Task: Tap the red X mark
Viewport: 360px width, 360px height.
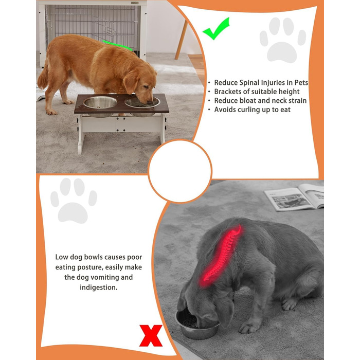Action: (x=151, y=335)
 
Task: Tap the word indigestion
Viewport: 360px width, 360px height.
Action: (x=99, y=287)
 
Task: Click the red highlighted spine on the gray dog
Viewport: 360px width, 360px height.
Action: (x=221, y=256)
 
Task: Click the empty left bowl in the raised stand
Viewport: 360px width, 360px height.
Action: (x=100, y=102)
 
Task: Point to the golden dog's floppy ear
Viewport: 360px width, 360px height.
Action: (x=131, y=81)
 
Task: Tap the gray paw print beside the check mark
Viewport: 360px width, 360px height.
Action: (x=283, y=40)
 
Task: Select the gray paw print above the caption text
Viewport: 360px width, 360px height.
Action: (x=74, y=201)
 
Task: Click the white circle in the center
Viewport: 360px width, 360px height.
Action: (x=180, y=171)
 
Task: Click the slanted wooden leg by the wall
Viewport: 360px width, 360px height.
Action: (x=181, y=40)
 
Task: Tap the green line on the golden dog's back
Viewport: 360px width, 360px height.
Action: (x=117, y=45)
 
